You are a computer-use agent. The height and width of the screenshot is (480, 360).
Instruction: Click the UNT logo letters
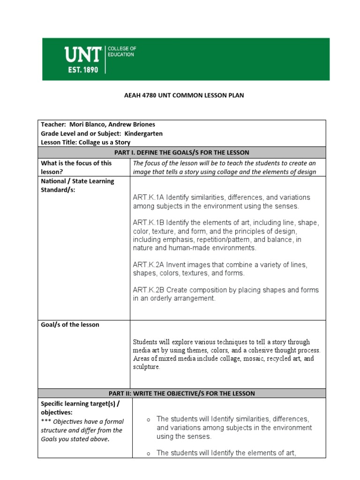82,56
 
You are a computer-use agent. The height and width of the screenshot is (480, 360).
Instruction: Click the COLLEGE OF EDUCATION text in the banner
121,52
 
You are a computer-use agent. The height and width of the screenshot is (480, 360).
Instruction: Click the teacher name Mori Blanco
89,124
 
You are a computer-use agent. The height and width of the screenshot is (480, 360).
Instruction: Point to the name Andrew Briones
133,124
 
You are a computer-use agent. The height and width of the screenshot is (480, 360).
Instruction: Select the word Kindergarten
143,133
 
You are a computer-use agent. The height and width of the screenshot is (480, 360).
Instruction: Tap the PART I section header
181,152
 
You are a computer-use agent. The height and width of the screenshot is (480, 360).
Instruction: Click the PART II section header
181,393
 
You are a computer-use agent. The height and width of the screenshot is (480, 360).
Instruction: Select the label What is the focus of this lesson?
76,167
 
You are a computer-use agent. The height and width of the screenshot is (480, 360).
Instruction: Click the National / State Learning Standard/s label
77,185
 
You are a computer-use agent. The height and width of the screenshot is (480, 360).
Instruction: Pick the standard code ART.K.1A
148,197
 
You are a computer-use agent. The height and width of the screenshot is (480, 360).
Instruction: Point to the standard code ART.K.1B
148,223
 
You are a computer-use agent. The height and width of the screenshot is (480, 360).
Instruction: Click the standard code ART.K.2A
148,265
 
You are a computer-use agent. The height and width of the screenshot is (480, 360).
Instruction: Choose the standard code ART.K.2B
148,290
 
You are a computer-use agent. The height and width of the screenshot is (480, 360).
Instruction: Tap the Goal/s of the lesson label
70,324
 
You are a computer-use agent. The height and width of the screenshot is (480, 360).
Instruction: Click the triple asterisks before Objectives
46,421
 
